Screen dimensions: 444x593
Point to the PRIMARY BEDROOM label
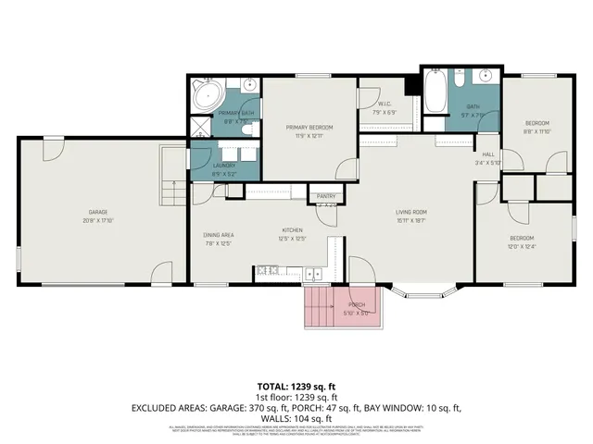point(309,127)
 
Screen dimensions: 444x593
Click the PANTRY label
point(326,196)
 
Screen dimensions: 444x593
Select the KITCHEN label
point(293,230)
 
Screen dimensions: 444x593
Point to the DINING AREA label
point(219,235)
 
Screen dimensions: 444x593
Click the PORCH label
point(357,304)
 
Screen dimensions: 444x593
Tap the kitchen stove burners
point(268,270)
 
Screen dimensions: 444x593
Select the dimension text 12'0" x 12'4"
point(522,247)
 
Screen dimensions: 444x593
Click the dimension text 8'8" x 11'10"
point(537,130)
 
